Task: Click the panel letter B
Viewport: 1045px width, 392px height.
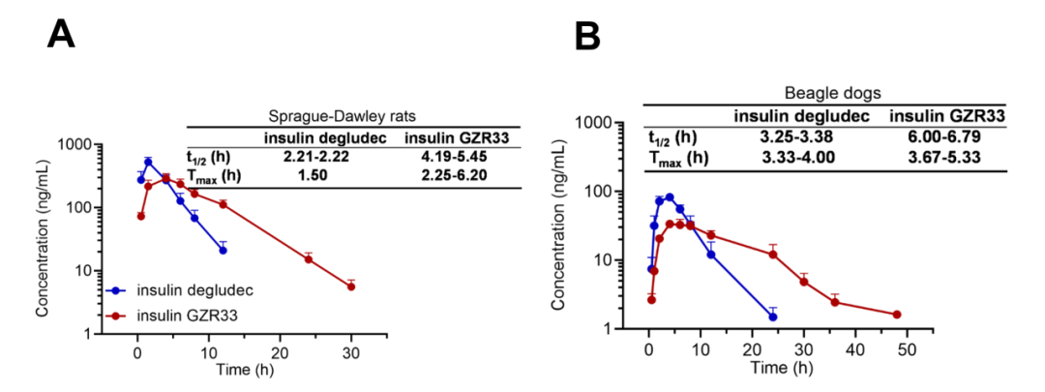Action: tap(589, 36)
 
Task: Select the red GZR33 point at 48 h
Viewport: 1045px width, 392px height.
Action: tap(897, 315)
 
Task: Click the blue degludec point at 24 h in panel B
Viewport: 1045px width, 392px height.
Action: tap(773, 317)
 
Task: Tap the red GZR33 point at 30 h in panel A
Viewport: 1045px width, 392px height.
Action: tap(351, 286)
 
